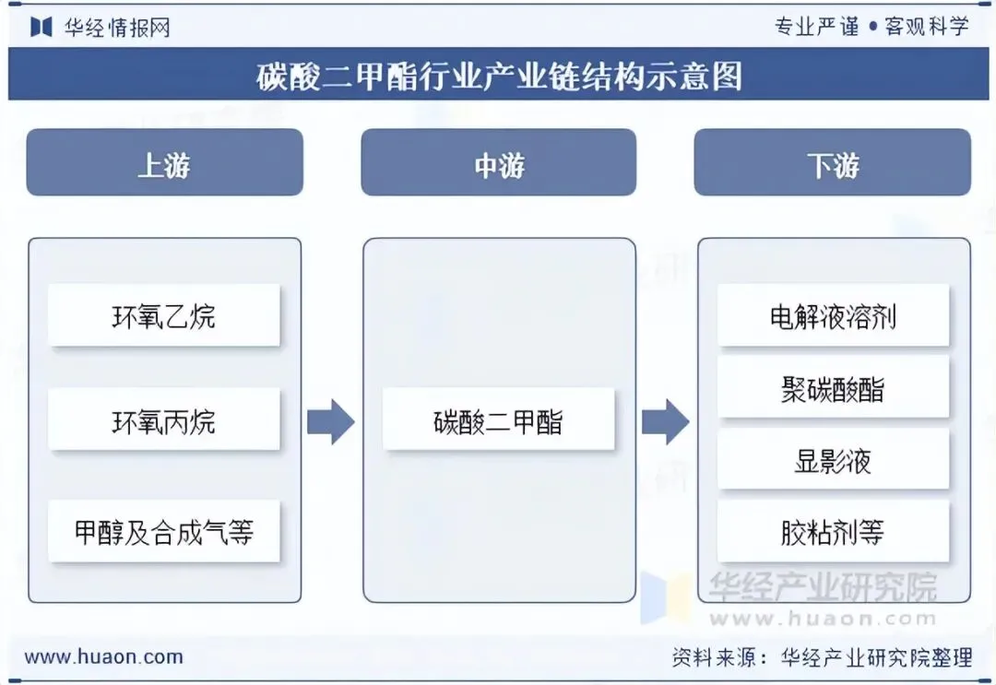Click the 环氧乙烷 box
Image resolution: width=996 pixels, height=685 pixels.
[x=164, y=316]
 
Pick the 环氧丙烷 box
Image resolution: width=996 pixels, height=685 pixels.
[x=164, y=421]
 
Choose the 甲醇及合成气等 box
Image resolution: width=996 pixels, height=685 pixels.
[x=164, y=532]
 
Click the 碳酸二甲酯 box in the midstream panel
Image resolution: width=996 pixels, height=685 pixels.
[x=498, y=421]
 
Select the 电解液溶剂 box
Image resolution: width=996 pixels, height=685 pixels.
[x=833, y=316]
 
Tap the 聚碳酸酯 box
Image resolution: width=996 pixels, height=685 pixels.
[x=833, y=388]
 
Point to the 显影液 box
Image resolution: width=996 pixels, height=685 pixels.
[x=833, y=460]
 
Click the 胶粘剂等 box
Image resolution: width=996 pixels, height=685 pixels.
[x=833, y=532]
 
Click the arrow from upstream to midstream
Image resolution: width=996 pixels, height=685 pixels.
[x=330, y=422]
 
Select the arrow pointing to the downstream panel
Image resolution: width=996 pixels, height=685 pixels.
[x=665, y=422]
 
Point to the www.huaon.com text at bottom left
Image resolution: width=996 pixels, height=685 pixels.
[x=103, y=657]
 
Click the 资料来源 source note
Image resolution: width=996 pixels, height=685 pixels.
[x=821, y=657]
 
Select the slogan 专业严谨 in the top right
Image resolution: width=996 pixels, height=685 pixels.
[x=816, y=27]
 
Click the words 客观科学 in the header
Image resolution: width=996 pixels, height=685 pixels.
[x=927, y=27]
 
